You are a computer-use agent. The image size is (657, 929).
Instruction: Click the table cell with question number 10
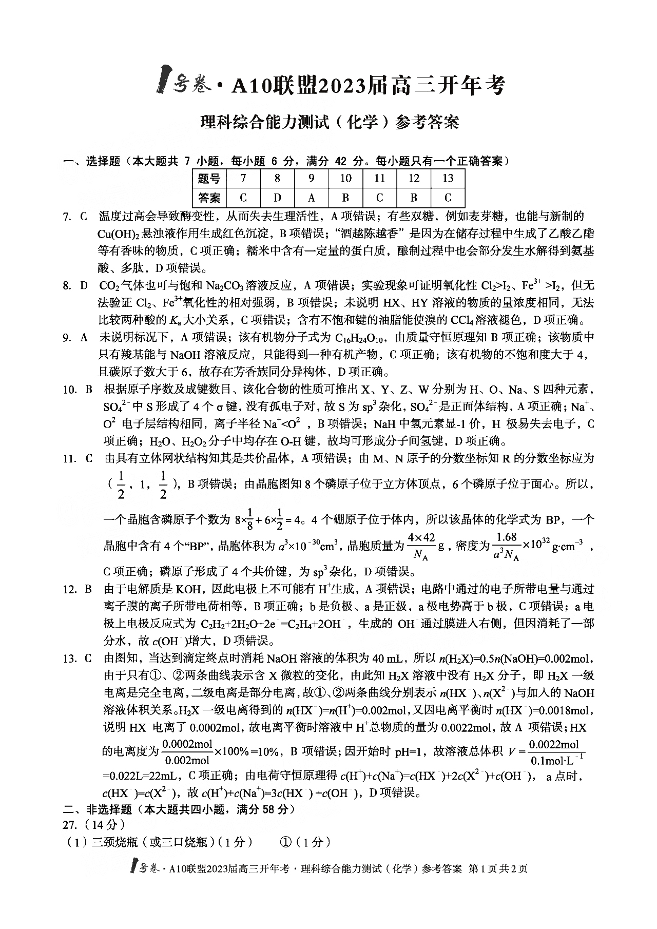[345, 179]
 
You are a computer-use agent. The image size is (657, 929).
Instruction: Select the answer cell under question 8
[277, 198]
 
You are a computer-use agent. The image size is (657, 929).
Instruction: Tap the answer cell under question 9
[312, 198]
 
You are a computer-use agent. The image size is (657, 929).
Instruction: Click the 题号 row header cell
[209, 179]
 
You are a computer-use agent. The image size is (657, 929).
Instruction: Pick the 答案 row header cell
[209, 198]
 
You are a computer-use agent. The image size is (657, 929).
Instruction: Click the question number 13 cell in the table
[448, 179]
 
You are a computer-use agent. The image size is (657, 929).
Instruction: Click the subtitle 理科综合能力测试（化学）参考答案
[328, 123]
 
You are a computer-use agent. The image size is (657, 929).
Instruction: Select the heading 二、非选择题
[97, 809]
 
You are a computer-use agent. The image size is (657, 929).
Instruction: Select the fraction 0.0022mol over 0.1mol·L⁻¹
[553, 752]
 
